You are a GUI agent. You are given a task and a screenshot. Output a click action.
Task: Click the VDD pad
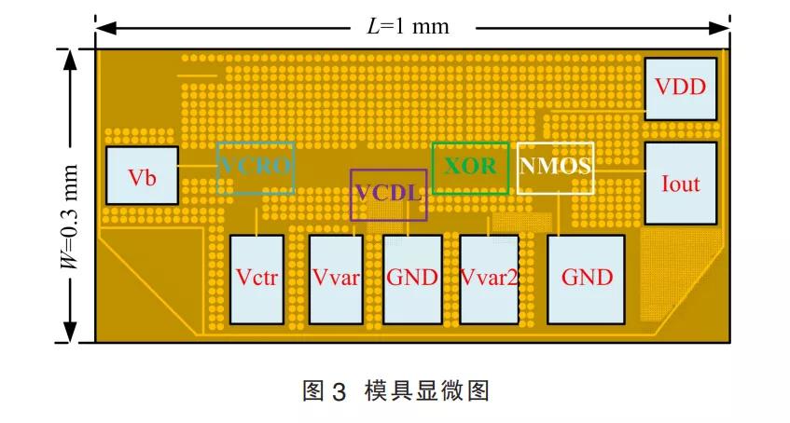pyautogui.click(x=681, y=89)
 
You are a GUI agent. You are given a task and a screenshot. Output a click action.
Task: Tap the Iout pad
pyautogui.click(x=681, y=183)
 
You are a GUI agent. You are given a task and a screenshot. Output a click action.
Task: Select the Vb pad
pyautogui.click(x=142, y=175)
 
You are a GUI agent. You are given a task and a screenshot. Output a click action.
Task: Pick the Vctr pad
pyautogui.click(x=256, y=278)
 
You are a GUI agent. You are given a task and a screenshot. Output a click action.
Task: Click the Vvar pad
pyautogui.click(x=337, y=278)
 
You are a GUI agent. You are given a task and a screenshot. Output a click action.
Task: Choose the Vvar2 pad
pyautogui.click(x=490, y=278)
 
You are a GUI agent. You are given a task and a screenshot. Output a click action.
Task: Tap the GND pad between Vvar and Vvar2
pyautogui.click(x=412, y=278)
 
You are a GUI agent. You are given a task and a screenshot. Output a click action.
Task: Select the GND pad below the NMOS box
pyautogui.click(x=586, y=278)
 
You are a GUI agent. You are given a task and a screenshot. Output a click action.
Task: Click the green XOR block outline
pyautogui.click(x=470, y=168)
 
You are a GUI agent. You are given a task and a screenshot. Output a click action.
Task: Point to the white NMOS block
pyautogui.click(x=556, y=168)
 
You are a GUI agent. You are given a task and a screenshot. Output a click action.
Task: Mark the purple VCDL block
pyautogui.click(x=389, y=195)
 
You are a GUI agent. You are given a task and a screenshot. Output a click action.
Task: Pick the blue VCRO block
pyautogui.click(x=256, y=168)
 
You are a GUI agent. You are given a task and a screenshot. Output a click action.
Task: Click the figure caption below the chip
pyautogui.click(x=395, y=390)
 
